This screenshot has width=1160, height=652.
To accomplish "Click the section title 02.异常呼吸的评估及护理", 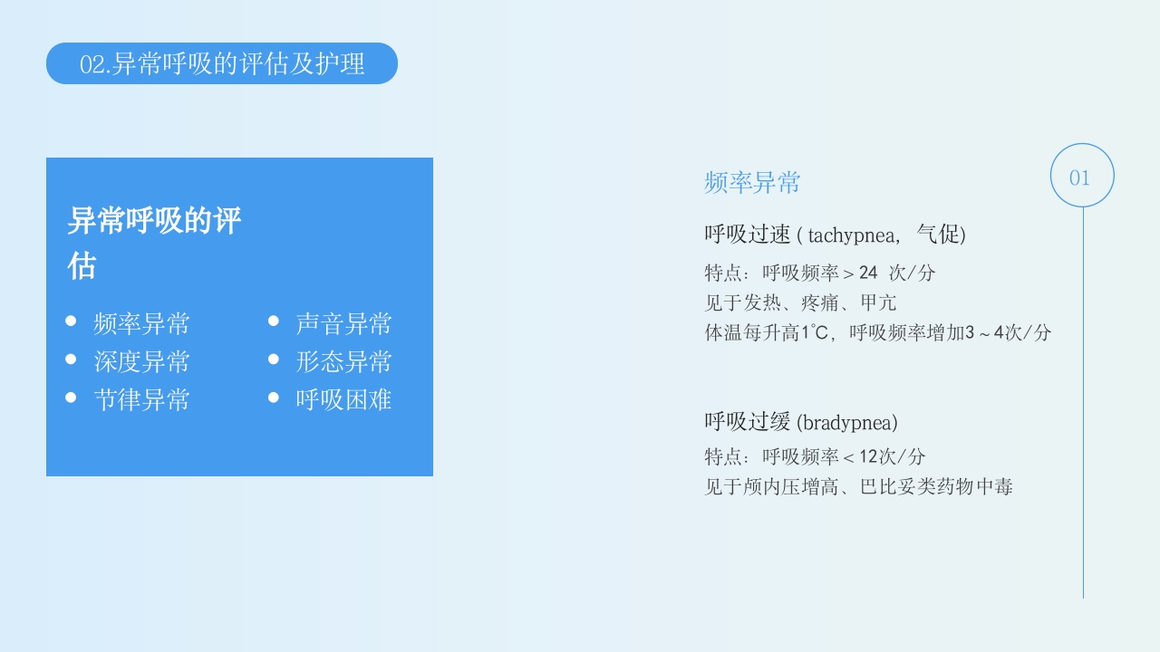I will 222,64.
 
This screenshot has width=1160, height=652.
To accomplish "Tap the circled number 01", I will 1081,177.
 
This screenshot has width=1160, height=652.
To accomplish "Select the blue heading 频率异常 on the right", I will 752,183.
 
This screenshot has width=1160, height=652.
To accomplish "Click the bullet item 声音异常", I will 343,323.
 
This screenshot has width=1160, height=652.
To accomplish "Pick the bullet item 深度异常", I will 141,361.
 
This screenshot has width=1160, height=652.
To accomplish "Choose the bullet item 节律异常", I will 141,399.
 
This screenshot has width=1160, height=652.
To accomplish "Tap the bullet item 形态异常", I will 343,361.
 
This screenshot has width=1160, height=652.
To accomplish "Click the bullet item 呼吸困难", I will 343,399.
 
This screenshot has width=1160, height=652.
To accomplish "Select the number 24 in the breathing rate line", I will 868,273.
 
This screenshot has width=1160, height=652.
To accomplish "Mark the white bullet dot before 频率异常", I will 71,321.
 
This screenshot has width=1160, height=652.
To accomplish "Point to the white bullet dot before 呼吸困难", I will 273,398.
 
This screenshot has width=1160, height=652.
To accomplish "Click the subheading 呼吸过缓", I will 748,422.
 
